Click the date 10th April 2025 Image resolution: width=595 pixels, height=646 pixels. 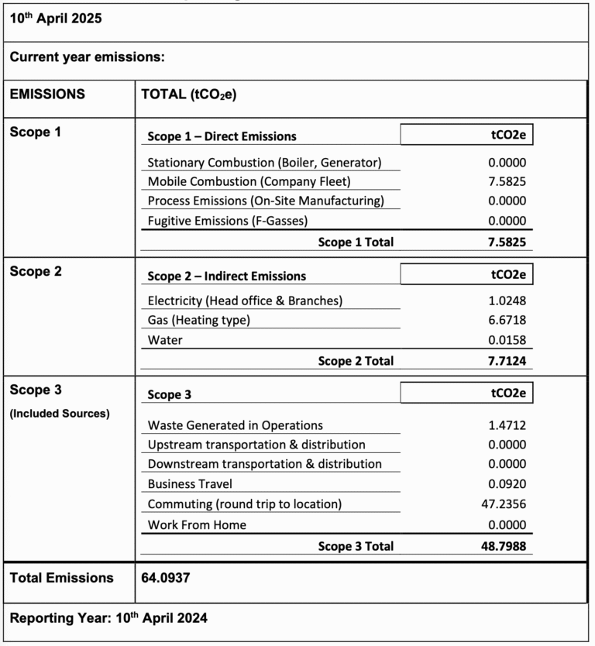(55, 19)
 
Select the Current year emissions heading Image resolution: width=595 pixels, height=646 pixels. (87, 57)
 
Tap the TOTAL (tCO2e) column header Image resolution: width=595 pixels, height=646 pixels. (188, 95)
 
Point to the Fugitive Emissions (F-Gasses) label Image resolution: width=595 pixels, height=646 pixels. (227, 222)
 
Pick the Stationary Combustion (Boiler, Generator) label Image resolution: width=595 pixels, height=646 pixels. (264, 163)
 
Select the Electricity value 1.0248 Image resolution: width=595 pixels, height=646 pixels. (506, 301)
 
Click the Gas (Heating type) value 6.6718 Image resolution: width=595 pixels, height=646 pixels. (506, 320)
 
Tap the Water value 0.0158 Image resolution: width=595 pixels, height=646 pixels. (506, 340)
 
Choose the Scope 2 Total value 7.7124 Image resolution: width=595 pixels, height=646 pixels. (504, 361)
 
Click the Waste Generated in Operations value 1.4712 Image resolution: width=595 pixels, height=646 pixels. (506, 425)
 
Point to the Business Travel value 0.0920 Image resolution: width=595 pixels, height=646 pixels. (506, 484)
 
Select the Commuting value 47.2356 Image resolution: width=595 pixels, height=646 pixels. (503, 504)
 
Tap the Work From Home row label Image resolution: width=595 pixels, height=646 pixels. (197, 525)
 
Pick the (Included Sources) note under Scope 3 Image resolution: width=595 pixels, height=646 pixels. (60, 414)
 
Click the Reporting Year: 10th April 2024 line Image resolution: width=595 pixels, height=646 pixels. (108, 618)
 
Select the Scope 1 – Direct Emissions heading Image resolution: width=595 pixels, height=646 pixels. (222, 136)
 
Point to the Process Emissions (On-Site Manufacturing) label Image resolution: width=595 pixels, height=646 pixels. (266, 201)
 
